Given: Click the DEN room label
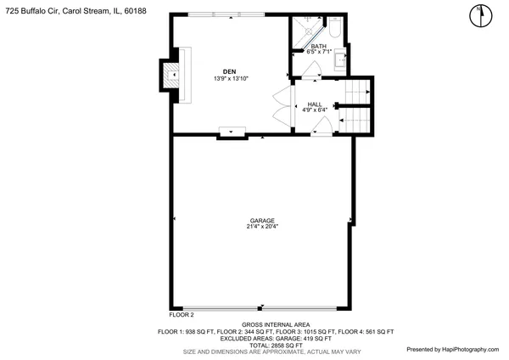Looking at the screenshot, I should pos(229,71).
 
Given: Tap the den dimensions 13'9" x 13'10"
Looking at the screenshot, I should pos(229,78).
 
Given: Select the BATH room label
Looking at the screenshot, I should pos(318,47).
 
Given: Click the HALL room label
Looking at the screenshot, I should pos(314,104).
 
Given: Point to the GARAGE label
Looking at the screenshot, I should pos(261,220).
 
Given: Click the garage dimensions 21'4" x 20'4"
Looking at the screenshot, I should pos(261,227).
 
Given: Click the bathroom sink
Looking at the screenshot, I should pos(340,59).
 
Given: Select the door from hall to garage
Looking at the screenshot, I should pos(321,127).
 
